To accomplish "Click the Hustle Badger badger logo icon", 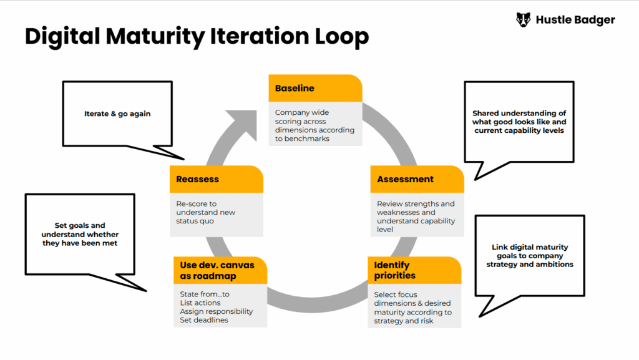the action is click(x=524, y=19).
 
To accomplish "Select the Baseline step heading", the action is click(x=295, y=89).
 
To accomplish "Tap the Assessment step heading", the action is click(x=405, y=179).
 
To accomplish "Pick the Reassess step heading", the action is click(x=197, y=179).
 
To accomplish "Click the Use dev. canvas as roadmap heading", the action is click(x=217, y=270).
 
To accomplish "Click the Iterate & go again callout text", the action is click(x=117, y=114).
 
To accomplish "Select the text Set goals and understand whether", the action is click(x=80, y=230).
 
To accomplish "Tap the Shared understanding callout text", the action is click(x=519, y=122).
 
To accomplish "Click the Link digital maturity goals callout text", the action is click(x=530, y=256).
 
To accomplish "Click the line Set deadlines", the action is click(x=204, y=320).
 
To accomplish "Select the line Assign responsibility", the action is click(x=217, y=311).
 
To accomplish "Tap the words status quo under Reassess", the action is click(x=195, y=221).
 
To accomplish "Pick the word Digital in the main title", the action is click(x=62, y=36).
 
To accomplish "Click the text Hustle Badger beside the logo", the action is click(x=575, y=20).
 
